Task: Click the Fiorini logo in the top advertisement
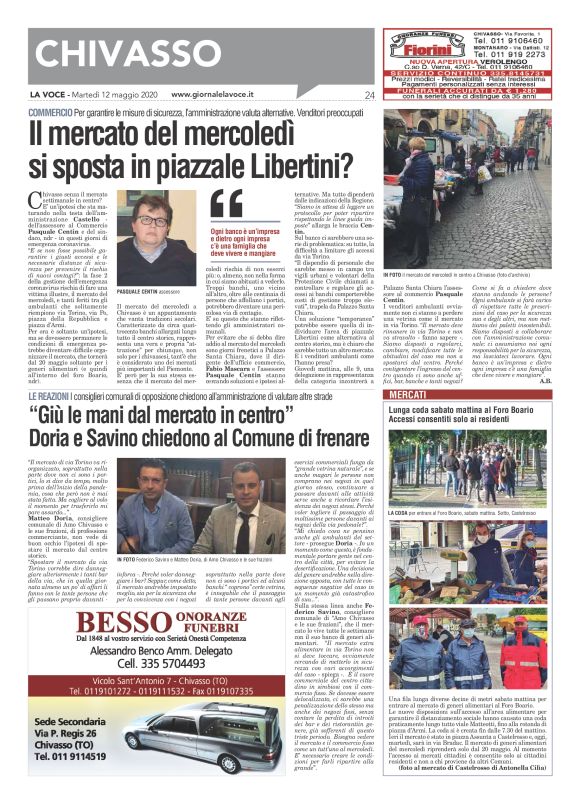[x=428, y=46]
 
